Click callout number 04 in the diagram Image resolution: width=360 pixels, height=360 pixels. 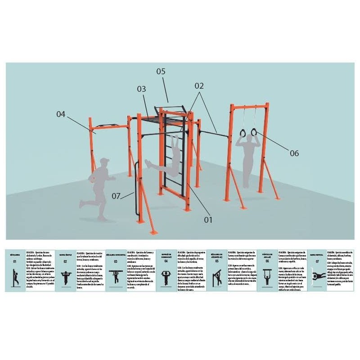click(x=61, y=114)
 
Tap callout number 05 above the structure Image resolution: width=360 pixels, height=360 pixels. click(x=161, y=72)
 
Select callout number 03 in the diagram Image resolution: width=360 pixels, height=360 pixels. click(x=142, y=89)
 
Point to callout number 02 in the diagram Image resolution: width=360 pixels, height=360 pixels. click(x=199, y=85)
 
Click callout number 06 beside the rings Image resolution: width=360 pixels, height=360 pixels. click(x=294, y=153)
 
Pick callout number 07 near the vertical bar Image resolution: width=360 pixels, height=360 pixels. click(x=117, y=196)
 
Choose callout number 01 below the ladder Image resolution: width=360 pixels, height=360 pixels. click(x=207, y=220)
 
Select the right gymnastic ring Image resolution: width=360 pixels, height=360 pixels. click(x=254, y=132)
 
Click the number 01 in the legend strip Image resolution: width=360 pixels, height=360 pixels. click(x=15, y=261)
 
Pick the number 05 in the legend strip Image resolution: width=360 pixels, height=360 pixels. click(x=216, y=261)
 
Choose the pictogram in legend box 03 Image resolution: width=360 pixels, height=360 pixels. click(x=116, y=277)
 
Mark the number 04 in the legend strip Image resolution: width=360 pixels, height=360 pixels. click(x=166, y=261)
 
